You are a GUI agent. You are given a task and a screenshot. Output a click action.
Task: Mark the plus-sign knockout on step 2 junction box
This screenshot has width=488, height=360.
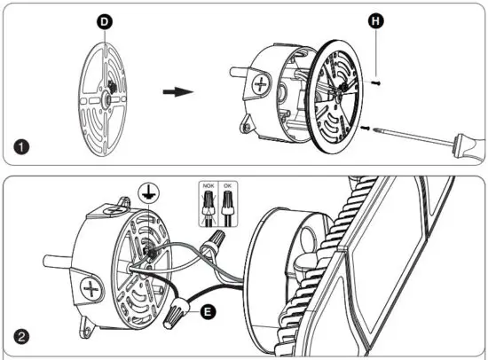tap(92, 288)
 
